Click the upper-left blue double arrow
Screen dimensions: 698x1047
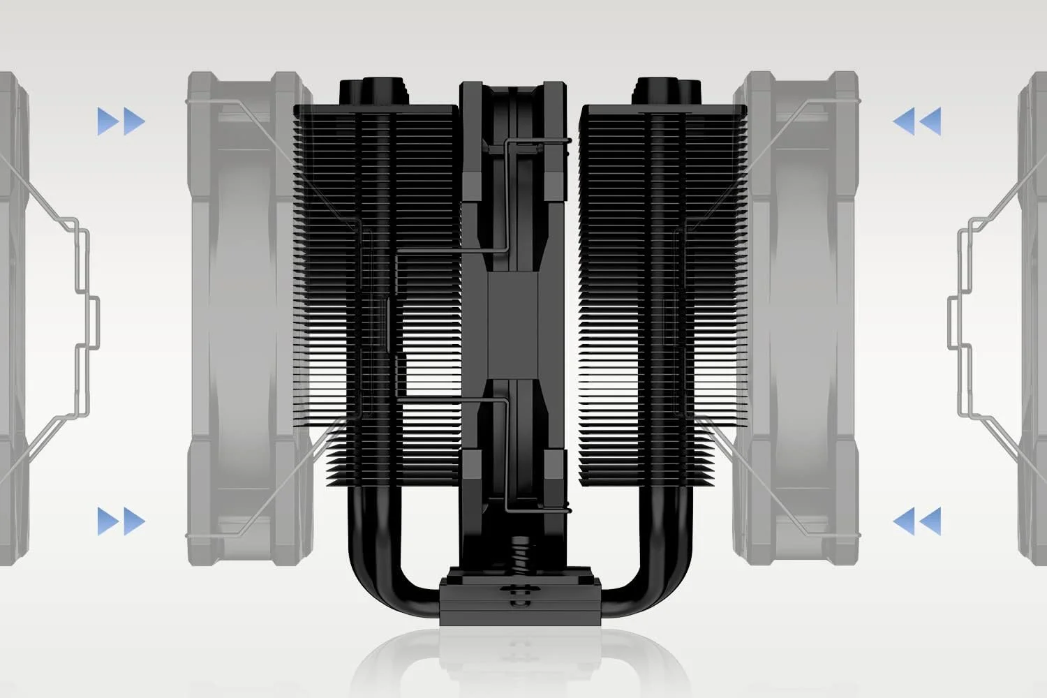pos(121,121)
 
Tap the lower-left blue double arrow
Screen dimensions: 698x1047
pos(121,521)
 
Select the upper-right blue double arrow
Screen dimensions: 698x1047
pos(916,121)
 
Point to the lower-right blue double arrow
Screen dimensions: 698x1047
pos(916,521)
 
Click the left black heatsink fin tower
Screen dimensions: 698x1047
pos(377,293)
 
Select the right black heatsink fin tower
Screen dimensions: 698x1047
pos(663,293)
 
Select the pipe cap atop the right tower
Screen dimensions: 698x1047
pos(667,91)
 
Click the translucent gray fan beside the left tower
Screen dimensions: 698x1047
pos(237,307)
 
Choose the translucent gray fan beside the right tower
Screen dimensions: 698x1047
pos(803,307)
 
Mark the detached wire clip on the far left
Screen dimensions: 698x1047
pos(77,307)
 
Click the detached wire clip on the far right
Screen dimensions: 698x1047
pos(970,307)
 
